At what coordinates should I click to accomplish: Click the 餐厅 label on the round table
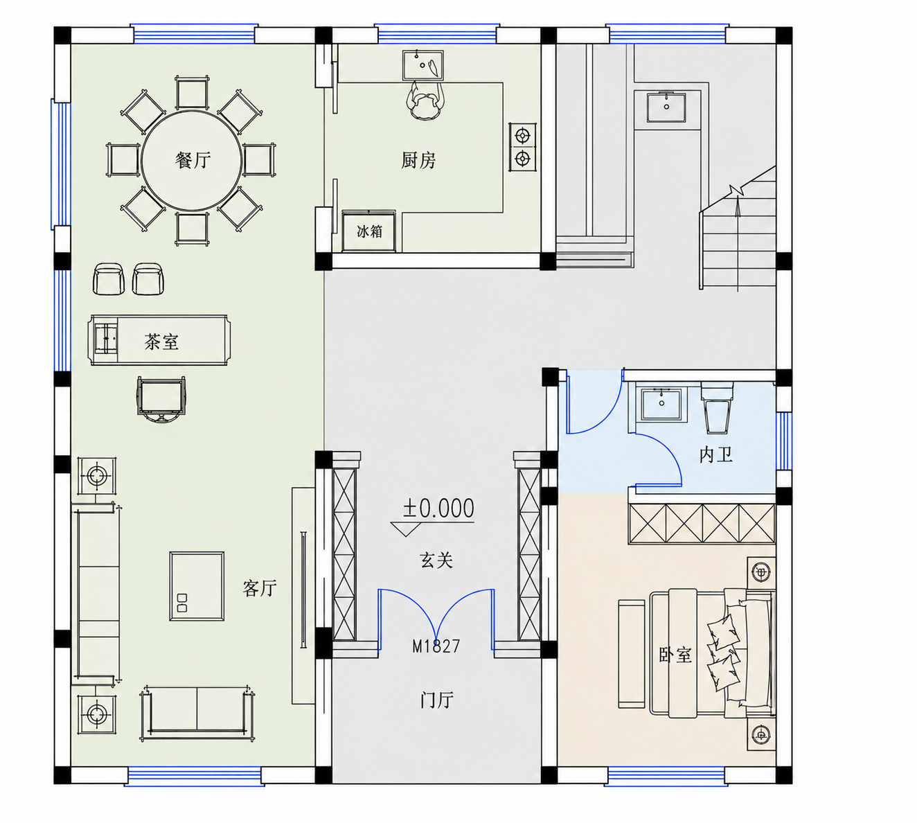pyautogui.click(x=193, y=160)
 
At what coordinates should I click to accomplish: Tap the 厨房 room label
pyautogui.click(x=418, y=160)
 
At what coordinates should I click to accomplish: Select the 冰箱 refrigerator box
pyautogui.click(x=369, y=231)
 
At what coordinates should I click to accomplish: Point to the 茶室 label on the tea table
pyautogui.click(x=161, y=342)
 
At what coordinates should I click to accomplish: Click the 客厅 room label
pyautogui.click(x=259, y=588)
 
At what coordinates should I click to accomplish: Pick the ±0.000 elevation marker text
pyautogui.click(x=438, y=508)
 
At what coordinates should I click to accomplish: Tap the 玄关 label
pyautogui.click(x=436, y=560)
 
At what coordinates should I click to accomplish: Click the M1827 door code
pyautogui.click(x=436, y=646)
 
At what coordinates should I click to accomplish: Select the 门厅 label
pyautogui.click(x=436, y=700)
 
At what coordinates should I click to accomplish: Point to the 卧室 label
pyautogui.click(x=675, y=655)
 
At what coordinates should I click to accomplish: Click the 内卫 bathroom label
pyautogui.click(x=715, y=454)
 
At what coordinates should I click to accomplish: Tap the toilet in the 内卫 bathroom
pyautogui.click(x=718, y=406)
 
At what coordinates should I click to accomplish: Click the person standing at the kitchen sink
pyautogui.click(x=425, y=100)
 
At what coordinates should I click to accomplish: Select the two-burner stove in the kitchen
pyautogui.click(x=523, y=147)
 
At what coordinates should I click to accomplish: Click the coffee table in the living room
pyautogui.click(x=197, y=586)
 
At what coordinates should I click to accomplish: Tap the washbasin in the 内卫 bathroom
pyautogui.click(x=661, y=404)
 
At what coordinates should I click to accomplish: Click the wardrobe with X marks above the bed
pyautogui.click(x=702, y=523)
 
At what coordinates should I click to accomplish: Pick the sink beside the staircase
pyautogui.click(x=666, y=107)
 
